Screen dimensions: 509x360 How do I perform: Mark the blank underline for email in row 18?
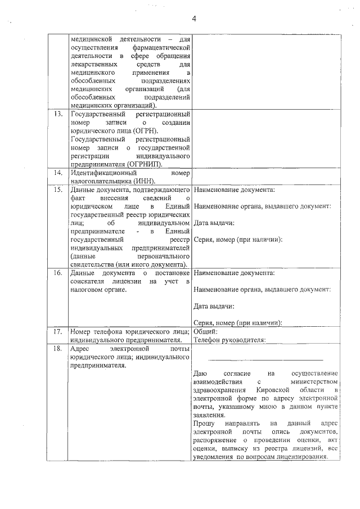click(266, 359)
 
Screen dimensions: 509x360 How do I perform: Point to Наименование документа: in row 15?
click(234, 190)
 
